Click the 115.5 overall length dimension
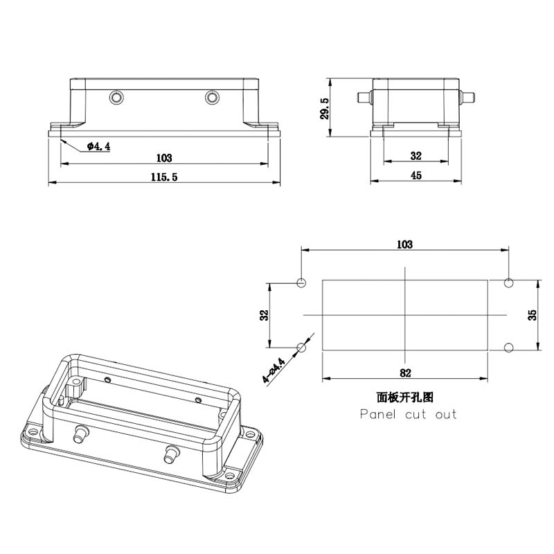164,177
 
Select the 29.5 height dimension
325,109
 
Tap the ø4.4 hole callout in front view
98,146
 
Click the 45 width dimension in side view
416,175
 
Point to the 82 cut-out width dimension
405,373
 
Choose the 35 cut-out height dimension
532,315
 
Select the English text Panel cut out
408,413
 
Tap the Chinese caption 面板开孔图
405,397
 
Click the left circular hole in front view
116,97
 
